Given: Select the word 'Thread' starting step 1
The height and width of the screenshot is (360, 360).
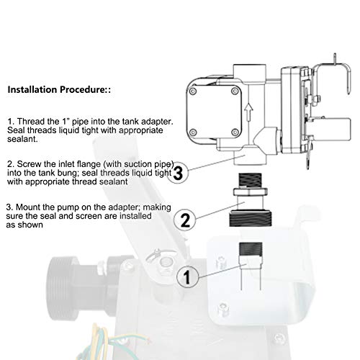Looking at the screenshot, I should pyautogui.click(x=30, y=121).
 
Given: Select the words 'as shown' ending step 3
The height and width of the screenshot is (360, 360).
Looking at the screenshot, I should pyautogui.click(x=22, y=225).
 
